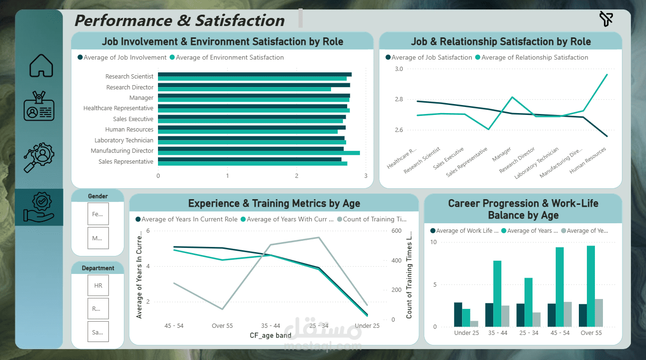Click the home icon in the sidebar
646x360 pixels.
(x=42, y=66)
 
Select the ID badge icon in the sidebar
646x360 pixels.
(x=39, y=107)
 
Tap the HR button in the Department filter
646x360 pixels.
(x=98, y=285)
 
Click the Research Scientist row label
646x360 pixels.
(x=129, y=77)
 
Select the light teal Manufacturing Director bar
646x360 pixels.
(x=259, y=153)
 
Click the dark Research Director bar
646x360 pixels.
(x=254, y=85)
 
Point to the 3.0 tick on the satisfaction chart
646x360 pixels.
(x=398, y=69)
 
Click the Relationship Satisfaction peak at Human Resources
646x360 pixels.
(x=607, y=74)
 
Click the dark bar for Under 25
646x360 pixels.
(x=458, y=315)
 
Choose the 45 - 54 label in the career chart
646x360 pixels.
(x=560, y=333)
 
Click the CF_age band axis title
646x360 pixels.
(x=271, y=335)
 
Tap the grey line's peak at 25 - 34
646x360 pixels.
(x=319, y=237)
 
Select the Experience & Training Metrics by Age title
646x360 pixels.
(x=274, y=203)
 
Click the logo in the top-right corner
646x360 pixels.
(x=606, y=19)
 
